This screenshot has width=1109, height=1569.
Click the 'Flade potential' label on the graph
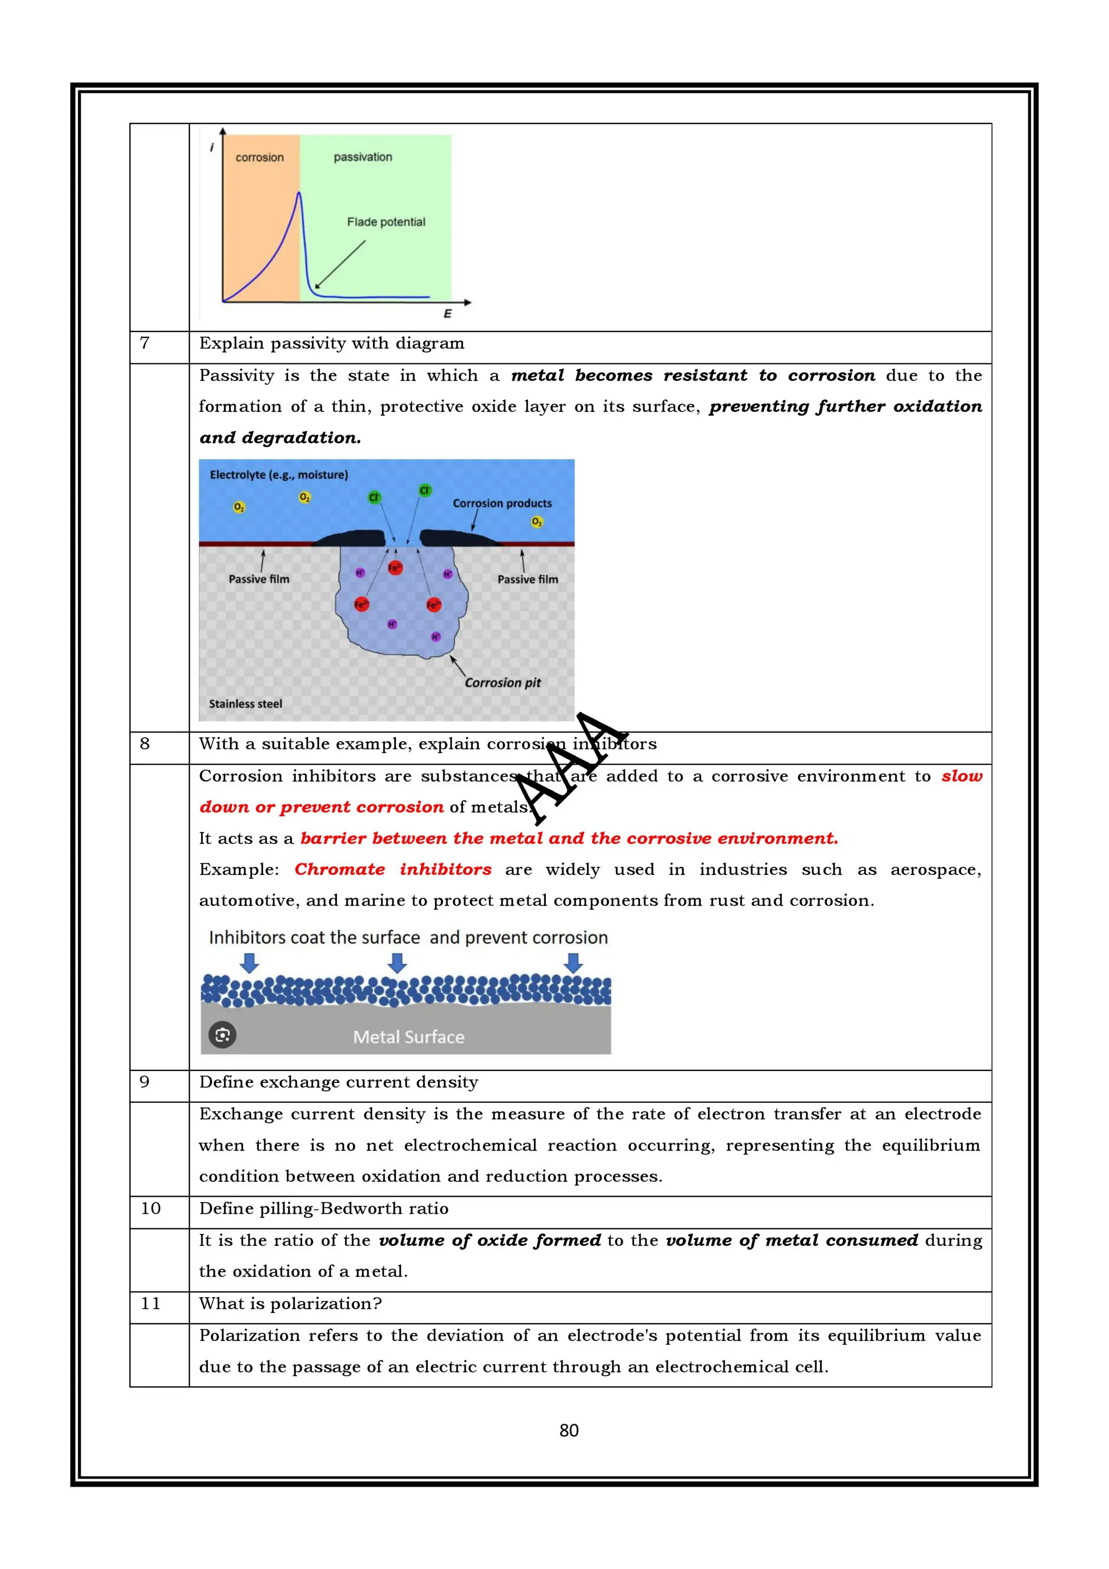pos(386,222)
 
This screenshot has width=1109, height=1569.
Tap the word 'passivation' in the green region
pos(363,157)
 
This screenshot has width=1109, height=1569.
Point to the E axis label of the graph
pos(448,313)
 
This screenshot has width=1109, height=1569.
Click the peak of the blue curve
pos(298,194)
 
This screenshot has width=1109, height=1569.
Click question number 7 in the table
pos(145,343)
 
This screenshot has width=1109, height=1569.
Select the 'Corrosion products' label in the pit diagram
pos(501,503)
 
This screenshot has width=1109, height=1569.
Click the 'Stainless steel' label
pos(245,704)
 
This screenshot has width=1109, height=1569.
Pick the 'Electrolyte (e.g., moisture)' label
pos(279,475)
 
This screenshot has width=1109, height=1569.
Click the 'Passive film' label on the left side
pos(259,579)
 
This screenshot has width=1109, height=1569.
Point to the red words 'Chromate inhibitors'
pos(393,870)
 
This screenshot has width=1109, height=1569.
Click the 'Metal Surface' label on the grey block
pos(409,1037)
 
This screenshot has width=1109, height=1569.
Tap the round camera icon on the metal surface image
pos(222,1035)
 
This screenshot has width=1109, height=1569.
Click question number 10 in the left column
pos(151,1208)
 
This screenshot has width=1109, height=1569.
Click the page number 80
pos(569,1430)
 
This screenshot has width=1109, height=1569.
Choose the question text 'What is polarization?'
pos(290,1303)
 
